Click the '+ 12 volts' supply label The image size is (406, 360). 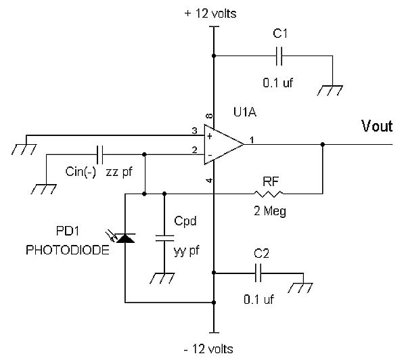tap(210, 14)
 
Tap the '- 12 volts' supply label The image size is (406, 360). tap(208, 349)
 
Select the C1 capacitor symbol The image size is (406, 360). tap(279, 55)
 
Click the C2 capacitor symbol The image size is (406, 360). tap(258, 273)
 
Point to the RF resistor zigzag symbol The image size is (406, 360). tap(269, 194)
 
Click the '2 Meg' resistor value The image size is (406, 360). tap(270, 211)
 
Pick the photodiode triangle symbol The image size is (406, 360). tap(125, 238)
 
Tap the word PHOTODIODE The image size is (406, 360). tap(68, 250)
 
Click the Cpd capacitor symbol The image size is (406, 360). tap(164, 238)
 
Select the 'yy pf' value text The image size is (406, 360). tap(187, 251)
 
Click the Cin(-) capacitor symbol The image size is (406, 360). tap(100, 154)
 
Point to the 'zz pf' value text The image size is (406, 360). tap(119, 172)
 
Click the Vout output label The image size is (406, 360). tap(377, 126)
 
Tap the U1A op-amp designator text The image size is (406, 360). tap(245, 112)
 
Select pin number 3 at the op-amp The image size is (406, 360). tap(194, 131)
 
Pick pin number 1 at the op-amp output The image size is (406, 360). tap(252, 140)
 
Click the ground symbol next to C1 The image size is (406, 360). tap(330, 91)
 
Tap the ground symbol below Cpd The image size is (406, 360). tap(162, 278)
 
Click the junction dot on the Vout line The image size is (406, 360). tap(323, 145)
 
